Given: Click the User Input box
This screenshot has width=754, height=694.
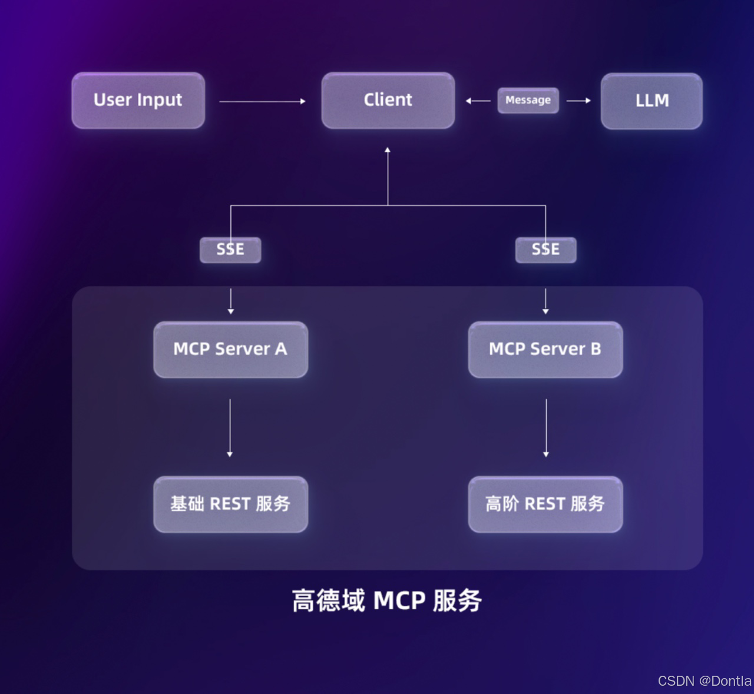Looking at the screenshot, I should click(x=138, y=100).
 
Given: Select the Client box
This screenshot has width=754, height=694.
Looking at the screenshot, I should click(x=388, y=100).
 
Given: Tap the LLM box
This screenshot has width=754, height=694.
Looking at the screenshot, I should click(x=652, y=101).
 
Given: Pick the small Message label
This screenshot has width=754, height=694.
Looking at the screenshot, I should click(x=528, y=100).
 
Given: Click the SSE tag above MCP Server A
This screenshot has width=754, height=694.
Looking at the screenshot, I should click(x=230, y=250).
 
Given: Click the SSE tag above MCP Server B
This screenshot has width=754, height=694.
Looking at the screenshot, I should click(x=545, y=250).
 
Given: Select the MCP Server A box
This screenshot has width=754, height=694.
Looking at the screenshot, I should click(x=230, y=349).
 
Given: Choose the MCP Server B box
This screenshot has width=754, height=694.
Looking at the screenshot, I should click(x=545, y=349).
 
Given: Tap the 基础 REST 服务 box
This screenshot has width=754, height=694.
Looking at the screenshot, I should click(x=230, y=504).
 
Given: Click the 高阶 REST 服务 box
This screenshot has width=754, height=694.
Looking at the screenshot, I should click(x=545, y=504).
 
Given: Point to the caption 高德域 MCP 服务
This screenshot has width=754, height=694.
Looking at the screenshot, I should click(x=387, y=600).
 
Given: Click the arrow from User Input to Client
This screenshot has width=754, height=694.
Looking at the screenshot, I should click(x=262, y=101).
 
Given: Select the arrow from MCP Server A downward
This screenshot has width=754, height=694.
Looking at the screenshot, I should click(x=230, y=427).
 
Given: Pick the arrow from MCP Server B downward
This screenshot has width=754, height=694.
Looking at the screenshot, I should click(x=546, y=427).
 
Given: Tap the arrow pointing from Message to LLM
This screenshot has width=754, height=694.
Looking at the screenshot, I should click(x=578, y=101).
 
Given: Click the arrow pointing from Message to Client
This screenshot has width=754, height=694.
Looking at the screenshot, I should click(x=478, y=101).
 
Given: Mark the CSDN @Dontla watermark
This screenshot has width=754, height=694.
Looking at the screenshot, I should click(x=704, y=681).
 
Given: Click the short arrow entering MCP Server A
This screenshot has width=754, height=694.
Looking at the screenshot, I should click(x=230, y=301).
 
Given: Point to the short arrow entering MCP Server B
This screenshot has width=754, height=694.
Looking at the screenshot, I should click(x=545, y=301).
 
